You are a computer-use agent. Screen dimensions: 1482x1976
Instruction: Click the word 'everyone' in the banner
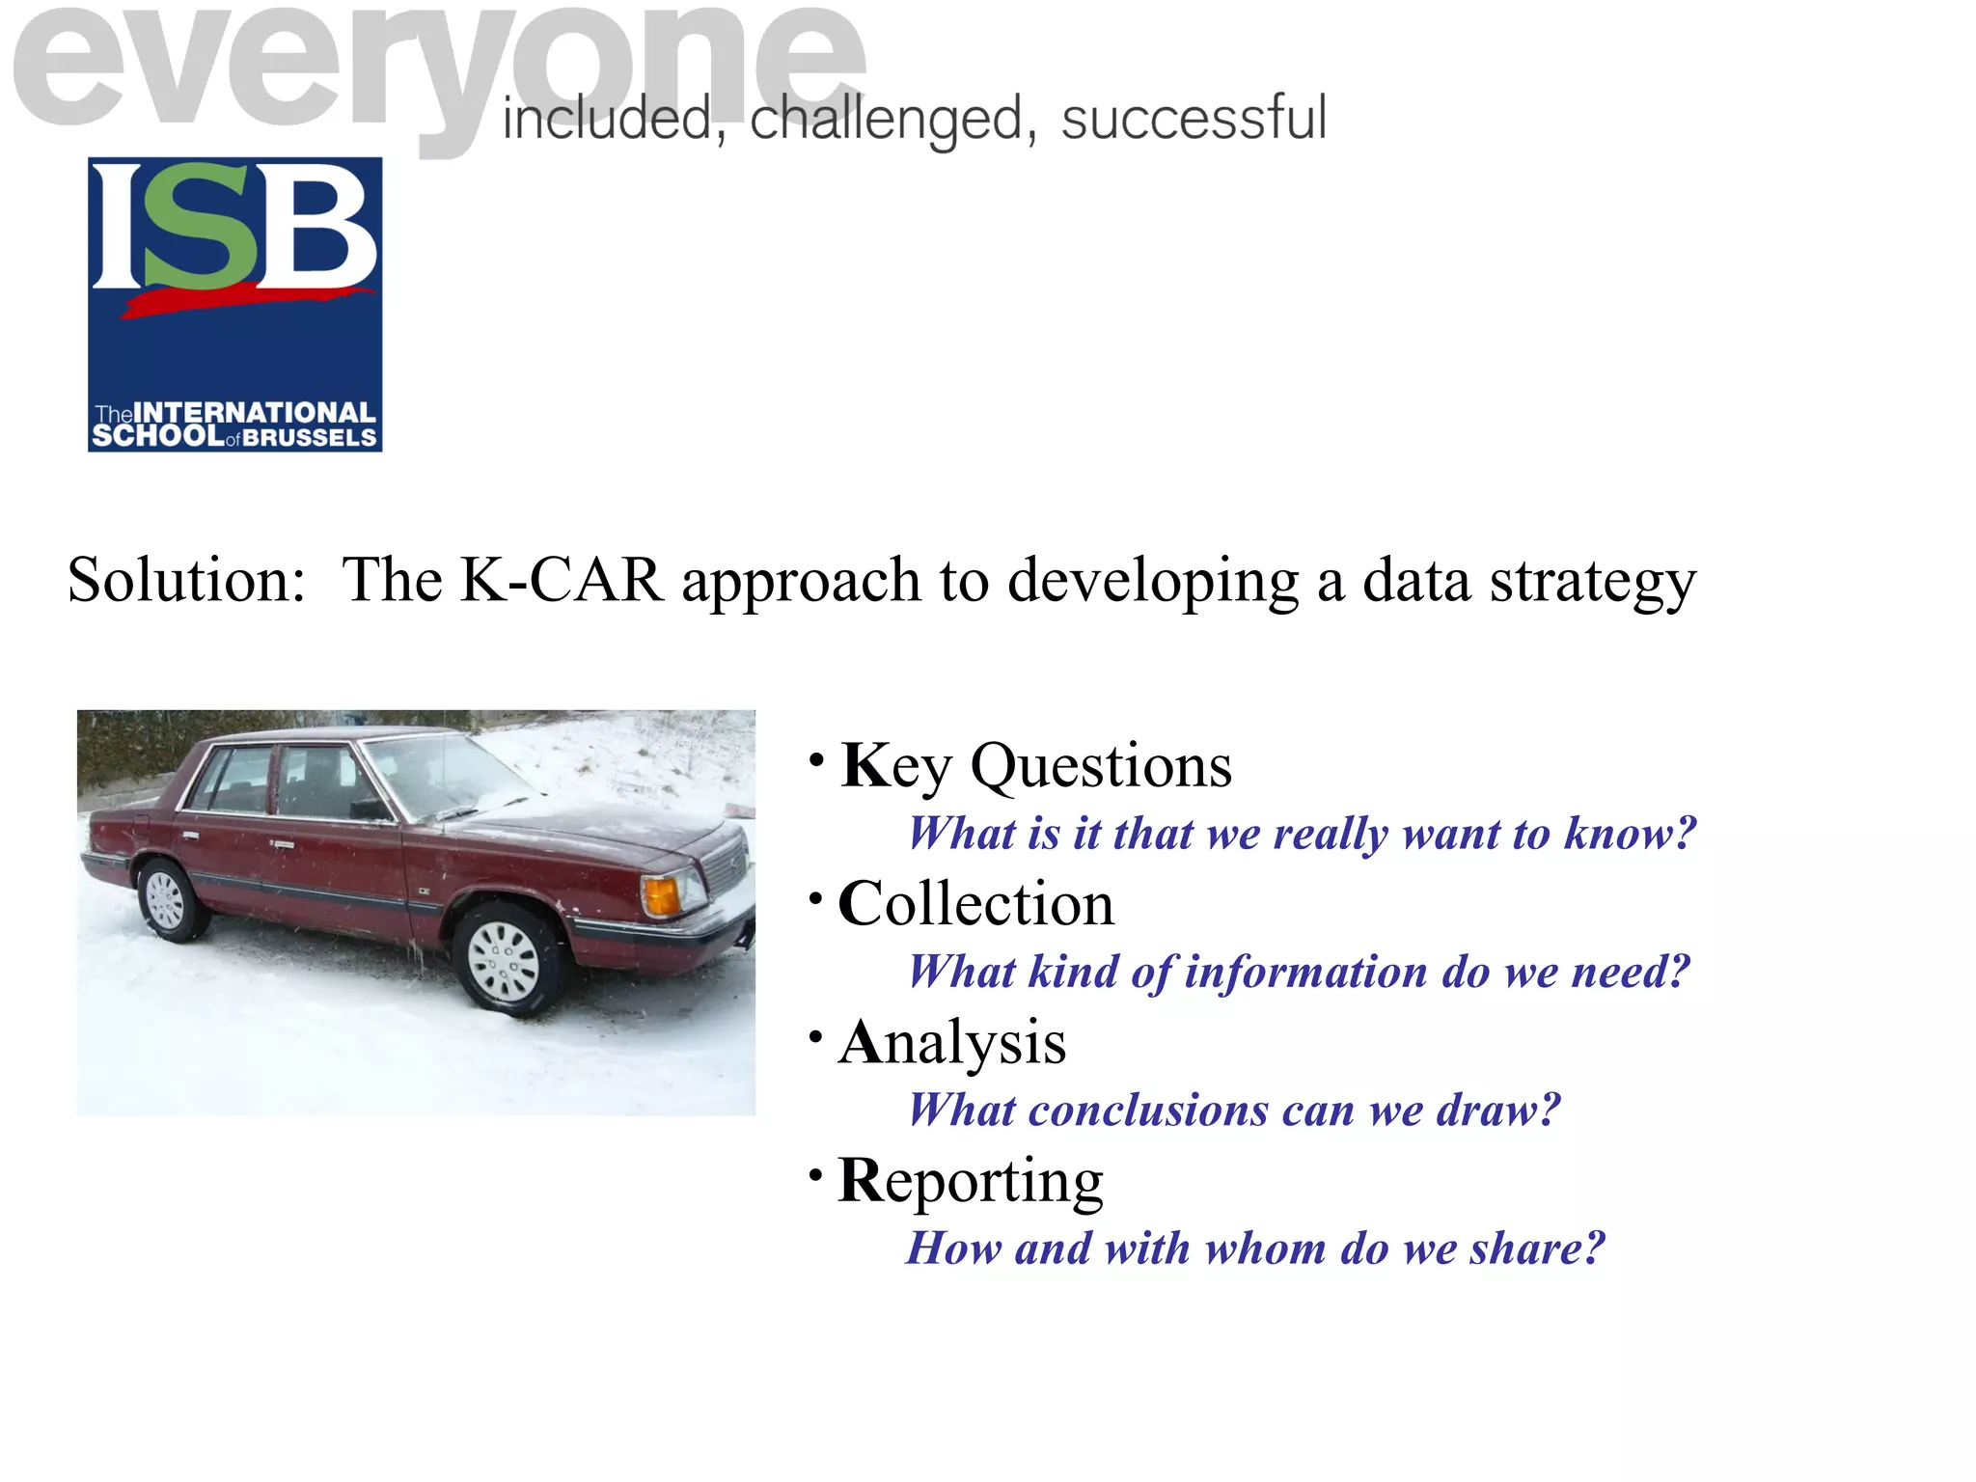tap(434, 68)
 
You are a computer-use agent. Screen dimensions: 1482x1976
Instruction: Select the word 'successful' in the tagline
tap(1194, 119)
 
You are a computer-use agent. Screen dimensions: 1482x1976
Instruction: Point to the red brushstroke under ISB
tap(246, 301)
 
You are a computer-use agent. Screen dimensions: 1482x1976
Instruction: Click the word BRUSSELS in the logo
tap(309, 438)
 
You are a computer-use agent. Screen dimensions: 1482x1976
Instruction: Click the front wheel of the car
tap(504, 960)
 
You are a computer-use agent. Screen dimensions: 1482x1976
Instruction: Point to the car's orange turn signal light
tap(661, 896)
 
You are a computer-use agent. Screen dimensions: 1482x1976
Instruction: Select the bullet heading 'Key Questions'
tap(1035, 766)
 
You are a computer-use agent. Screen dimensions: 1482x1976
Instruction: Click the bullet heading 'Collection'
tap(975, 904)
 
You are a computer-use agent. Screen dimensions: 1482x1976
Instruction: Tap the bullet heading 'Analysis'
tap(952, 1043)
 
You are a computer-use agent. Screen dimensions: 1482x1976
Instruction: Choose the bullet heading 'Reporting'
tap(971, 1181)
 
